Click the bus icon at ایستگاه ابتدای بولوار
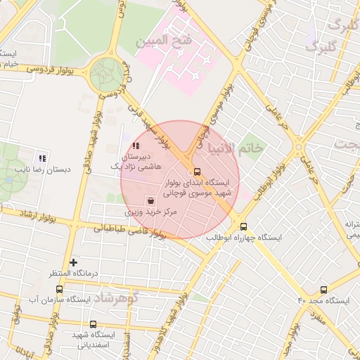[196, 172]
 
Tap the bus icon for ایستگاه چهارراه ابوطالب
[244, 226]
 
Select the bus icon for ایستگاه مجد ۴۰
[324, 290]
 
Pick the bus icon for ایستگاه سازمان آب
[59, 289]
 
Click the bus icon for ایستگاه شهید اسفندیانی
[94, 325]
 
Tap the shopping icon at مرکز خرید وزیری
[150, 200]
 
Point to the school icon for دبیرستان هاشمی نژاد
[136, 146]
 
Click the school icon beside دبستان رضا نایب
[42, 158]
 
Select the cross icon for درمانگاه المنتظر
[73, 262]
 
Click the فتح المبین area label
[172, 41]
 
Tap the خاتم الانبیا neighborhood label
[235, 148]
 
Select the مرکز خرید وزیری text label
[153, 211]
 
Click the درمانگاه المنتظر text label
[73, 273]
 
